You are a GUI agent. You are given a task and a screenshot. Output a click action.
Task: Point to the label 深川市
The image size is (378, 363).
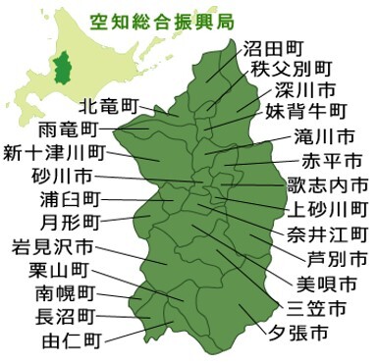[x=303, y=90]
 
